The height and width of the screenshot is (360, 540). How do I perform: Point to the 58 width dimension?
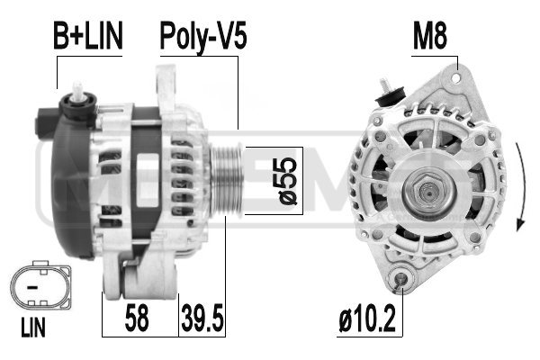(139, 317)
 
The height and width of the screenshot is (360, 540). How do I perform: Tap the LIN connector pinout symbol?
(37, 288)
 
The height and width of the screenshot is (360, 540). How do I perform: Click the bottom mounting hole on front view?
(402, 285)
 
